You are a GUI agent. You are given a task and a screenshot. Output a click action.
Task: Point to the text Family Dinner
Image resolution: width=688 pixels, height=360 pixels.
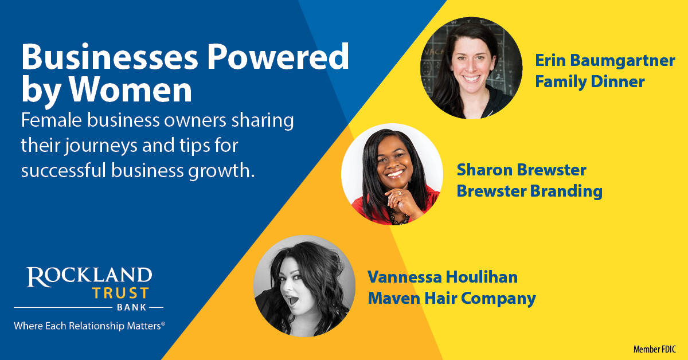click(x=590, y=81)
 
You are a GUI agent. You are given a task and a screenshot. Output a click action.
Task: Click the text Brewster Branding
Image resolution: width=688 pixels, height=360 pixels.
click(x=529, y=191)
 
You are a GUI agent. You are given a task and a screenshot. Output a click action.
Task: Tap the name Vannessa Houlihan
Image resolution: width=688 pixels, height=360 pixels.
click(x=443, y=277)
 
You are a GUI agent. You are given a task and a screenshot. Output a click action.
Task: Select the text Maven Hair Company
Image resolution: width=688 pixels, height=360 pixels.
click(x=452, y=298)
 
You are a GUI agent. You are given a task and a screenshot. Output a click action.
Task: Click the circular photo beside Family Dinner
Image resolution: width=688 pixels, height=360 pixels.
click(x=471, y=68)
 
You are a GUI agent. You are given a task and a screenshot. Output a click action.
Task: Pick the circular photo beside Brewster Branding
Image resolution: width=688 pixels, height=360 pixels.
click(x=392, y=174)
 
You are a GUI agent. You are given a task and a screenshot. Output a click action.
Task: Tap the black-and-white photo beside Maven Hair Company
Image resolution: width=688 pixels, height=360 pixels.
click(x=304, y=285)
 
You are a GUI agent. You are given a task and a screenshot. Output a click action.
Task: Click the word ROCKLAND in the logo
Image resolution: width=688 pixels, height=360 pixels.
click(x=89, y=277)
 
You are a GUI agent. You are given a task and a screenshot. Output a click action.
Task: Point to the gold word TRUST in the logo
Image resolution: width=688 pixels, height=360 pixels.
click(x=121, y=294)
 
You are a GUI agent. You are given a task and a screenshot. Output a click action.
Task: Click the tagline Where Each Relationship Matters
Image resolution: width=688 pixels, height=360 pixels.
click(x=89, y=326)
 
